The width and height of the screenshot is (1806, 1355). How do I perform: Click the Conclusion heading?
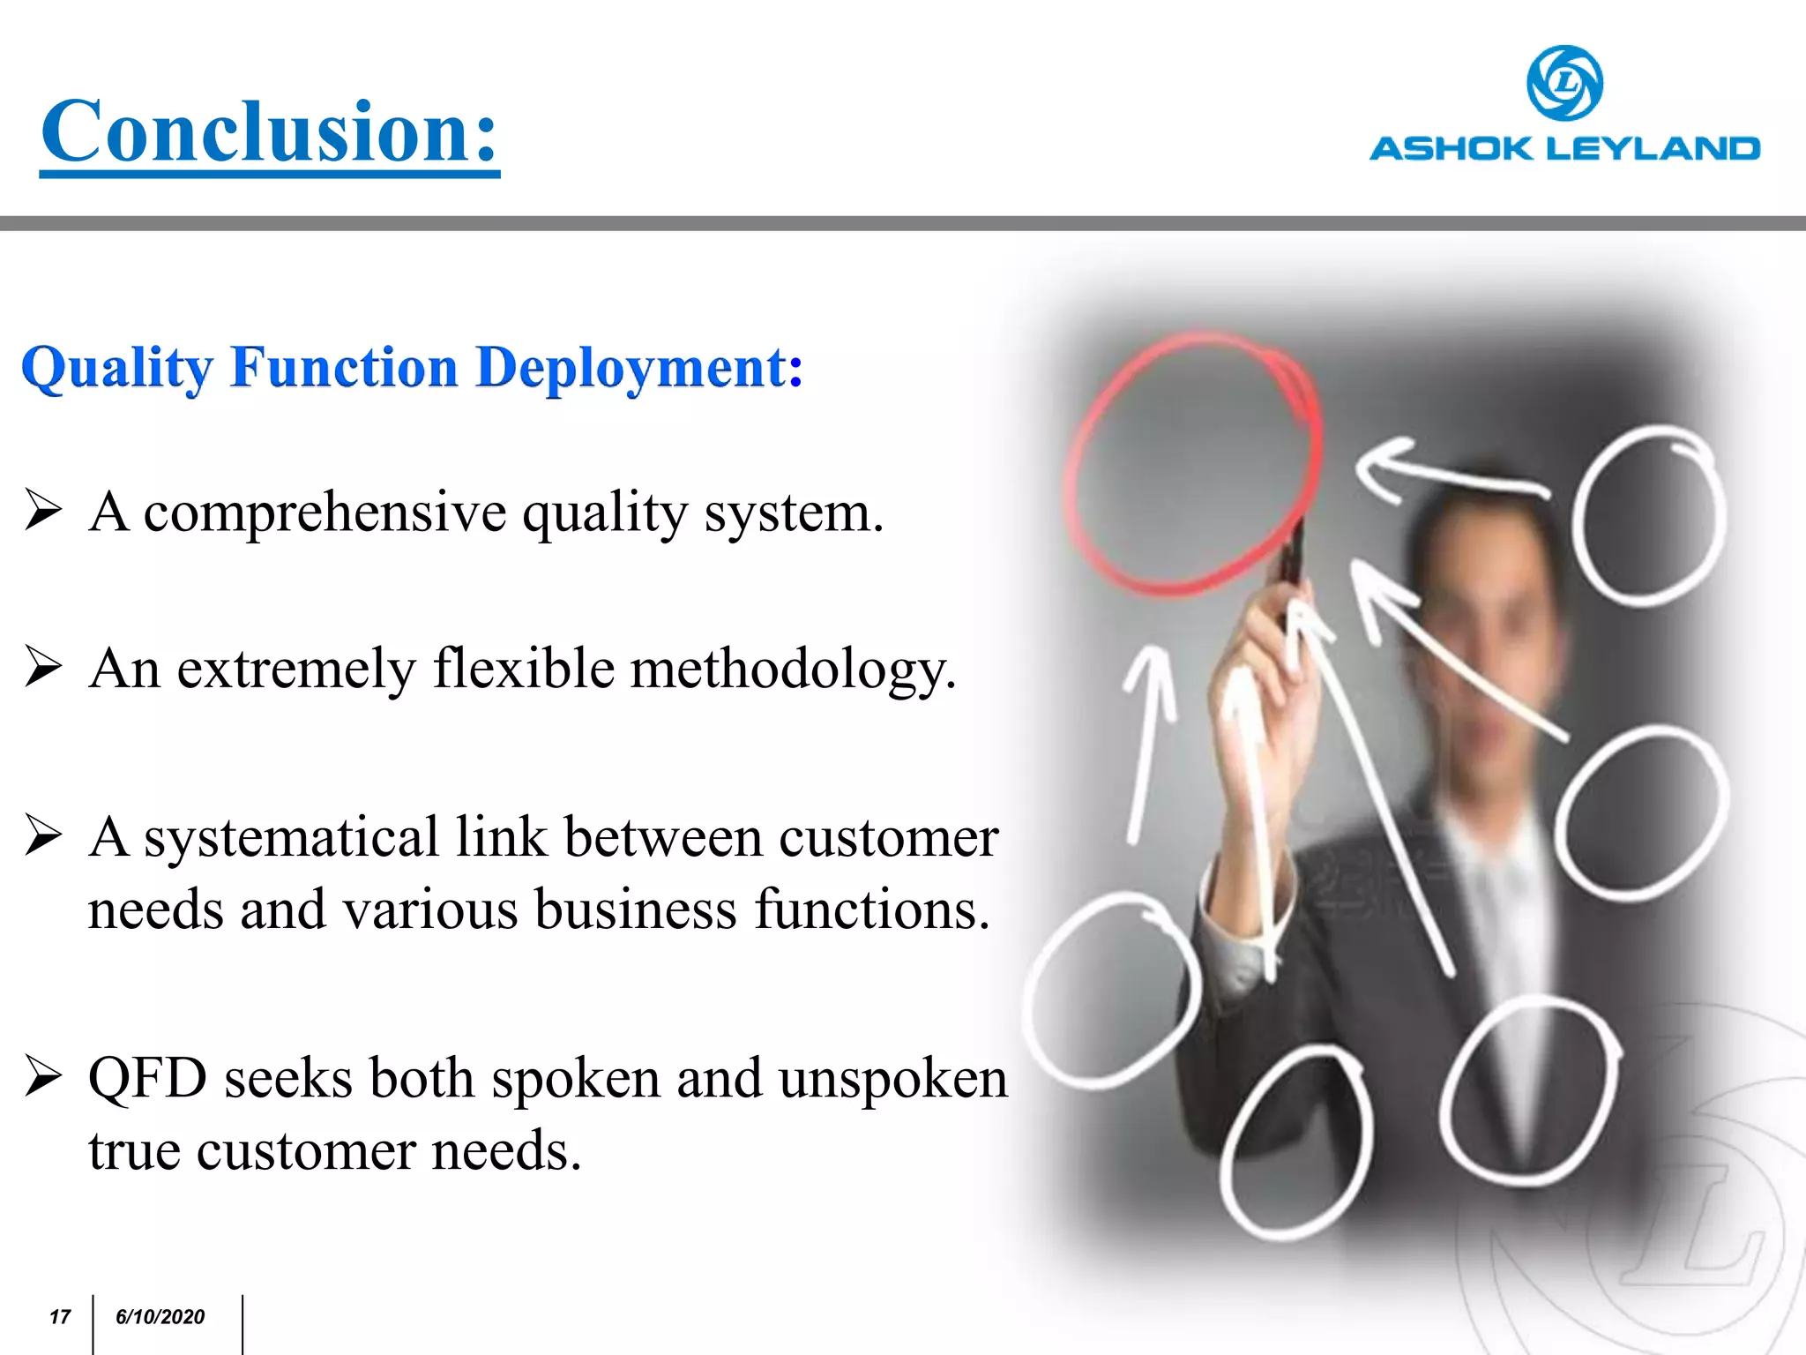(x=270, y=132)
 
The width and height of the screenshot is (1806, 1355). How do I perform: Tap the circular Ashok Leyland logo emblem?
(x=1564, y=83)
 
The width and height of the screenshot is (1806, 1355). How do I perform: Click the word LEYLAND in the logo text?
(x=1653, y=148)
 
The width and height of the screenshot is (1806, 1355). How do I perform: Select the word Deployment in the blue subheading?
(x=631, y=368)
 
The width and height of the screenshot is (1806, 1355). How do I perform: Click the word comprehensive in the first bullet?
(x=325, y=513)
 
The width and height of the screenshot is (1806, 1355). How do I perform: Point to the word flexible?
(x=523, y=669)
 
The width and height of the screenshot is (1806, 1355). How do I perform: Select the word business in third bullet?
(x=635, y=910)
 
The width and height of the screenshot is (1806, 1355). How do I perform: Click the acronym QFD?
(x=147, y=1079)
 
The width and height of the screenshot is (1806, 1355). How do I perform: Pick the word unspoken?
(x=892, y=1079)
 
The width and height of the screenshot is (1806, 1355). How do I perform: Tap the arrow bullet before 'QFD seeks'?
(x=43, y=1075)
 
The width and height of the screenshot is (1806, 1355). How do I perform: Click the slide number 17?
(x=59, y=1317)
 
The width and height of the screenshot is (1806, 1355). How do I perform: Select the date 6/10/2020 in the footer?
(x=160, y=1317)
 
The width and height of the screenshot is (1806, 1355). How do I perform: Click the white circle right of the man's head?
(x=1647, y=516)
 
